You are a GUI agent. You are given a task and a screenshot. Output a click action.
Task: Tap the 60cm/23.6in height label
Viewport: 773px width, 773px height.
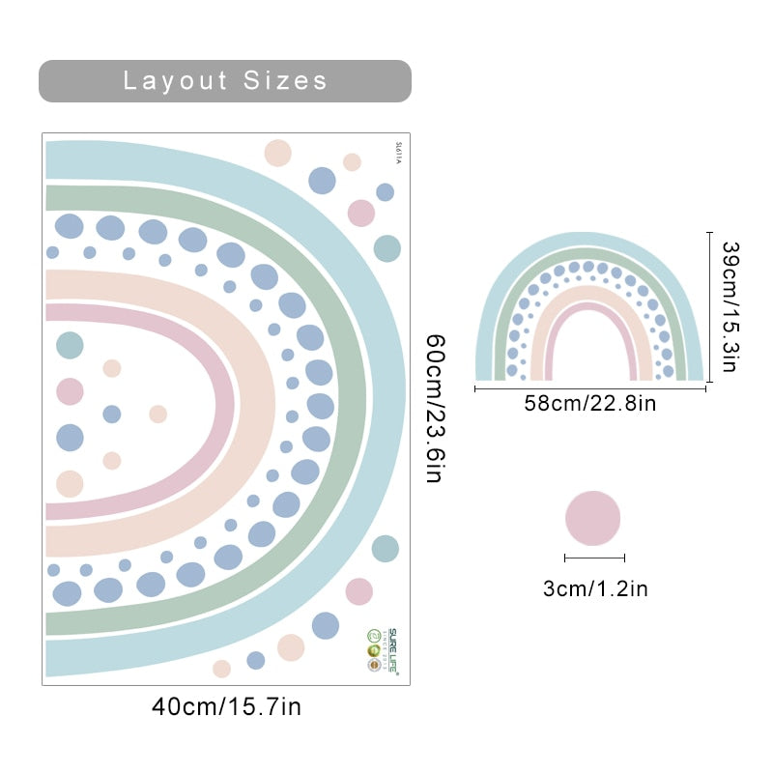point(436,409)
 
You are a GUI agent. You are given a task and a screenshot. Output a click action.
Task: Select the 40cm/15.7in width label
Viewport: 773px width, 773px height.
point(226,707)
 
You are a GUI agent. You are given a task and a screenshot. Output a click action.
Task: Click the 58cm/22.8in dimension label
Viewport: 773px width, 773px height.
point(589,404)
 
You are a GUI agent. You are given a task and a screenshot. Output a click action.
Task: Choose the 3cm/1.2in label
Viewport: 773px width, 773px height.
point(594,588)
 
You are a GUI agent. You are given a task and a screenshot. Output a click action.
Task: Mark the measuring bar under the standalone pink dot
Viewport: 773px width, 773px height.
point(594,558)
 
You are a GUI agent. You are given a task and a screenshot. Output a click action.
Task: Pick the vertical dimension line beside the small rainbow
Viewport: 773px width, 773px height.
point(710,306)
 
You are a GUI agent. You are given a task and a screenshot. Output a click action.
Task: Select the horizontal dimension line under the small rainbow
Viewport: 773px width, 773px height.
point(589,388)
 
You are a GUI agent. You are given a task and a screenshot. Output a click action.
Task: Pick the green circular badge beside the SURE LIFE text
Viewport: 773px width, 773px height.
point(373,636)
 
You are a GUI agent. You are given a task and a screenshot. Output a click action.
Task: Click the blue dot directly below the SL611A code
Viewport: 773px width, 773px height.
point(385,192)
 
